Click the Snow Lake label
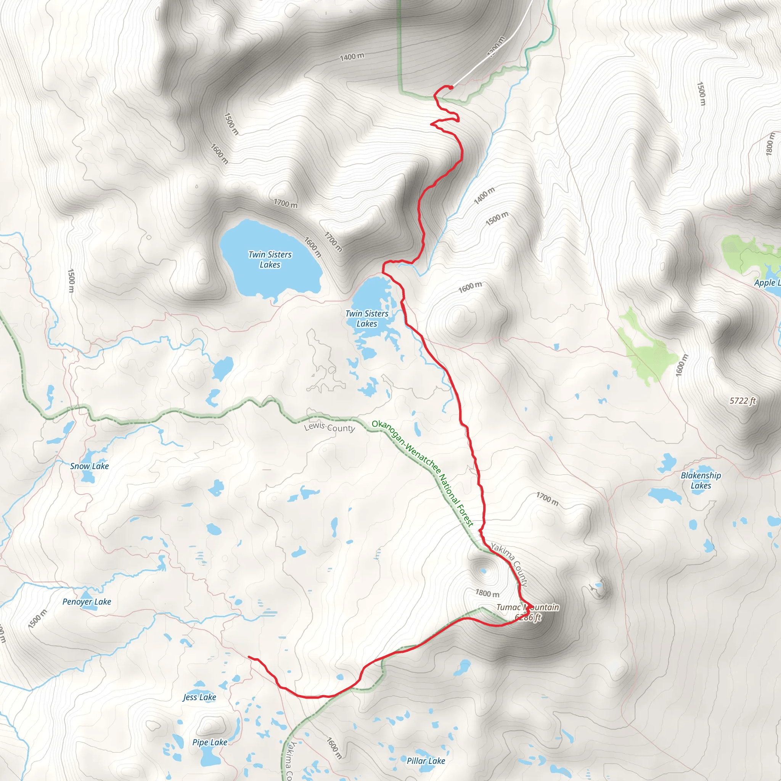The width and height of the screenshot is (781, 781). (89, 466)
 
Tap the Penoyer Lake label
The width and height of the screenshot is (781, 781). (87, 601)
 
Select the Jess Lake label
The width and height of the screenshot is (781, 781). (199, 697)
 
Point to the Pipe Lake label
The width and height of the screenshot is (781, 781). (209, 742)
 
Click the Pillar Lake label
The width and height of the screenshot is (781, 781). (426, 761)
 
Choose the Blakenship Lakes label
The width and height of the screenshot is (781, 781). (701, 480)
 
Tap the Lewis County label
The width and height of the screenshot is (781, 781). (329, 427)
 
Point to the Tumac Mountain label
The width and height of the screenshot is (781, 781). (527, 607)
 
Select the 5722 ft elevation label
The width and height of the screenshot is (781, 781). (742, 401)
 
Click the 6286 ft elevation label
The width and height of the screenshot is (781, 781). (527, 617)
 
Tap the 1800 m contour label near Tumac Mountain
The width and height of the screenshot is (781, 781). (487, 593)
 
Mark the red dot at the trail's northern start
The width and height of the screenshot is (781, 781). (451, 87)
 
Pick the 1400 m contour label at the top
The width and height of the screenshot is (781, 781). (352, 57)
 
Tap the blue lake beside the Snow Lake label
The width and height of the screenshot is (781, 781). (87, 477)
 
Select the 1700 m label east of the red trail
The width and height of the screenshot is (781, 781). (547, 500)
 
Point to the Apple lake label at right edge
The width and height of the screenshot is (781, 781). (767, 283)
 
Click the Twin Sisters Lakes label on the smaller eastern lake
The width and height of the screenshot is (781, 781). (366, 318)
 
